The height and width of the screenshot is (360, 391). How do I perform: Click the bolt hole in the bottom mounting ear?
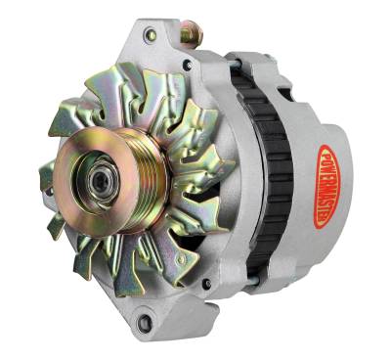(x=146, y=322)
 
